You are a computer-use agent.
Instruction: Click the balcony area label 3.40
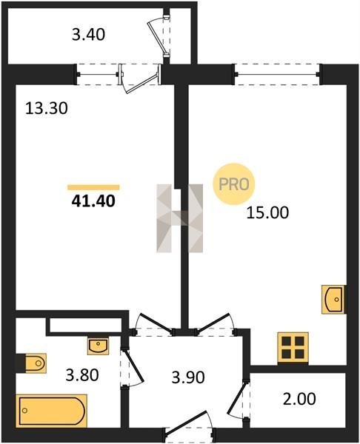point(88,35)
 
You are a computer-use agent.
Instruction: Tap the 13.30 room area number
point(47,108)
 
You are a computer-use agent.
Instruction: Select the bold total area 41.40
point(93,201)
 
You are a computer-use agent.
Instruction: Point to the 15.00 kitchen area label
point(267,212)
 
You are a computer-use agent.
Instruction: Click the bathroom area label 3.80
point(82,375)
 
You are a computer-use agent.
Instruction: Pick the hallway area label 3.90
point(188,377)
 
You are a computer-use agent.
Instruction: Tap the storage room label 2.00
point(299,399)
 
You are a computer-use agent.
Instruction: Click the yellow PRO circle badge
point(234,184)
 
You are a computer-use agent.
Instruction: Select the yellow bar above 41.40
point(93,187)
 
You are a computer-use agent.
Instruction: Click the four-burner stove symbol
point(293,348)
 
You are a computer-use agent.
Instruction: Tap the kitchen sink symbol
point(333,299)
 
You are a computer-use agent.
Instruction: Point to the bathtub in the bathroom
point(52,411)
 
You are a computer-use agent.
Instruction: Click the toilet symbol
point(31,363)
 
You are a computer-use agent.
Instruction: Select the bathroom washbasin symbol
point(98,346)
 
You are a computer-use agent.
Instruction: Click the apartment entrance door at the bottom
point(190,428)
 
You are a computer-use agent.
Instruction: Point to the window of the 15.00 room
point(277,75)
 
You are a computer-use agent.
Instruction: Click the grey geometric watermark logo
point(180,218)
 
